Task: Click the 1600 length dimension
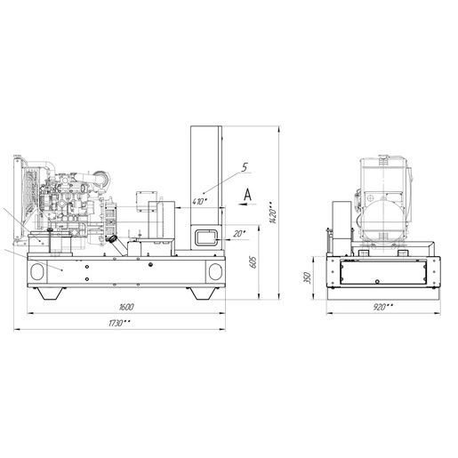point(126,307)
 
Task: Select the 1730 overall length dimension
point(119,323)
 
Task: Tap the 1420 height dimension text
point(272,213)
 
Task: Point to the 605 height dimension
point(253,261)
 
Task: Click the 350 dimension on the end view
point(308,277)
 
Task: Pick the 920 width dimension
point(383,307)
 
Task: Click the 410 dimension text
point(199,202)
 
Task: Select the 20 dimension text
point(239,234)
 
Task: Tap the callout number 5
point(244,167)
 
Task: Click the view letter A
point(247,195)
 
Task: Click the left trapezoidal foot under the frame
point(50,293)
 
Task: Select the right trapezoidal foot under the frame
point(203,293)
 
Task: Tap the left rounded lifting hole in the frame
point(37,272)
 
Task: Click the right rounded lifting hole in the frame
point(215,272)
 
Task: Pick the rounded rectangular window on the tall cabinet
point(206,237)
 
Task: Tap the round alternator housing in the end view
point(383,220)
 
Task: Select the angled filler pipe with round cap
point(118,245)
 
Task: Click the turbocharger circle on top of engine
point(100,177)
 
